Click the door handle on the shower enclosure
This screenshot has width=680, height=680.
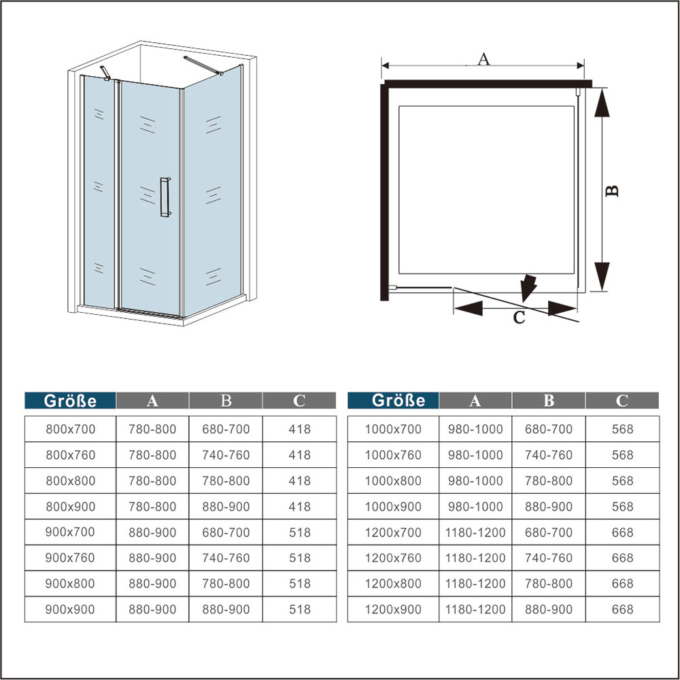pyautogui.click(x=165, y=197)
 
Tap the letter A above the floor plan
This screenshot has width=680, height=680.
pyautogui.click(x=483, y=58)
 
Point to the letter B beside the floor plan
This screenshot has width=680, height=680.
pyautogui.click(x=612, y=191)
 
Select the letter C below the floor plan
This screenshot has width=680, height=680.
pyautogui.click(x=519, y=318)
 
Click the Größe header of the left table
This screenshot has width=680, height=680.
pyautogui.click(x=70, y=401)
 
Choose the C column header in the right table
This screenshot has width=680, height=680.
pyautogui.click(x=622, y=401)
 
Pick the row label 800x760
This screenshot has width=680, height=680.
pyautogui.click(x=70, y=455)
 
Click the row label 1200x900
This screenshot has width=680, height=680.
pyautogui.click(x=393, y=609)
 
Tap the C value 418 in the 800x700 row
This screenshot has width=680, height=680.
pyautogui.click(x=300, y=429)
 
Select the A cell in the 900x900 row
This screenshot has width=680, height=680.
pyautogui.click(x=152, y=609)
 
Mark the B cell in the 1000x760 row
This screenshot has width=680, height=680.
pyautogui.click(x=549, y=455)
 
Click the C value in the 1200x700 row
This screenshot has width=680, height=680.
pyautogui.click(x=622, y=532)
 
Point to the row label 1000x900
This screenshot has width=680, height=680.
pyautogui.click(x=393, y=507)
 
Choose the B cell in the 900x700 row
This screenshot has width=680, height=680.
pyautogui.click(x=226, y=532)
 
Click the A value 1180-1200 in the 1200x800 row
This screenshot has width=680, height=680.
pyautogui.click(x=475, y=583)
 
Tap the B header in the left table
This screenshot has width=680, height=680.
pyautogui.click(x=226, y=401)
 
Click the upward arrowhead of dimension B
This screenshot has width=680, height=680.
pyautogui.click(x=602, y=103)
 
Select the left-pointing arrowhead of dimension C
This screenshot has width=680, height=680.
pyautogui.click(x=468, y=309)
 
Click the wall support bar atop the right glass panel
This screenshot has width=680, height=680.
pyautogui.click(x=203, y=65)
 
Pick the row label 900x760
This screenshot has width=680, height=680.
pyautogui.click(x=70, y=558)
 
